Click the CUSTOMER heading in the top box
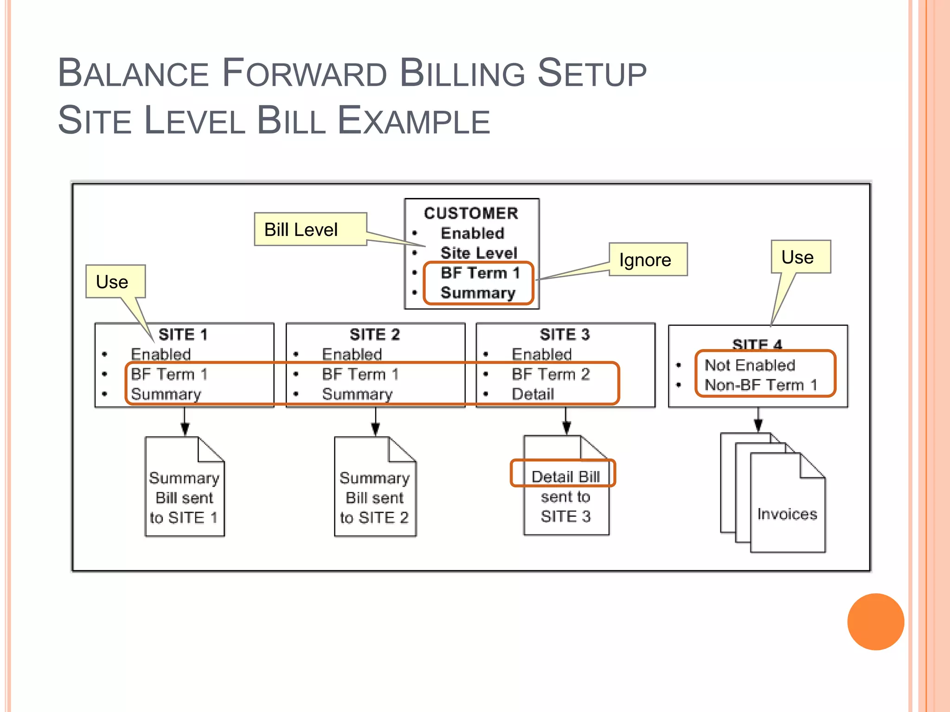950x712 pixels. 471,213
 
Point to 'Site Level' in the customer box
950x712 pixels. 478,253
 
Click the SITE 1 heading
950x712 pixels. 183,334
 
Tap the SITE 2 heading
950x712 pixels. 374,334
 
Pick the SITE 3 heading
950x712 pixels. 565,334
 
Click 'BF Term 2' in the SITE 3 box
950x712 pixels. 551,374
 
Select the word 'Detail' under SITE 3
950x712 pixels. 533,394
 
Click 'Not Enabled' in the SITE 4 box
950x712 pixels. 750,365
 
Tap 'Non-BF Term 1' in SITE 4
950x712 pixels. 761,385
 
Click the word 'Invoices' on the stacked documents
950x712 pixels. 787,514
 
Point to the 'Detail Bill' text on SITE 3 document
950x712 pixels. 565,477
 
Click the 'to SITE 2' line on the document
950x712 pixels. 374,517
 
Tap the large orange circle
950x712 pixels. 875,622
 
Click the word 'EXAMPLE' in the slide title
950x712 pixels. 414,121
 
